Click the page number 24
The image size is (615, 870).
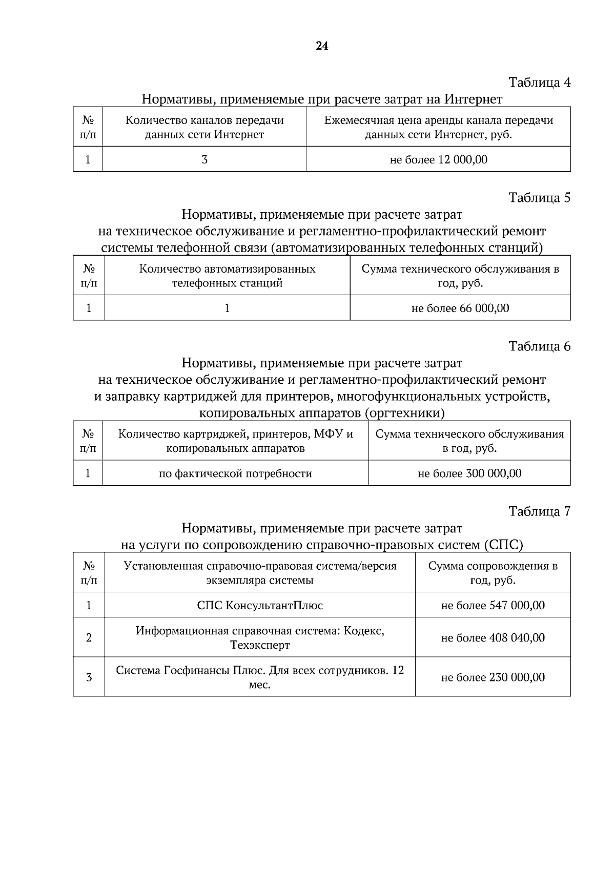click(x=322, y=46)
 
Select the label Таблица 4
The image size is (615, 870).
click(x=539, y=82)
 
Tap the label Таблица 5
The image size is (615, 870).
click(x=539, y=197)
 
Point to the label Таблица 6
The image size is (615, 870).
click(x=539, y=346)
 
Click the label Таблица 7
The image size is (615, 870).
click(x=539, y=511)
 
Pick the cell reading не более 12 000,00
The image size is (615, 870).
click(x=439, y=159)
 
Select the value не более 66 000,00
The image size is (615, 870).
click(x=460, y=308)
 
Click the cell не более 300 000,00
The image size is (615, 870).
click(x=469, y=473)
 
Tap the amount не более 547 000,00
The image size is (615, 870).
click(x=493, y=605)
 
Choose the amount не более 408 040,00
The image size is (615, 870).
click(x=493, y=638)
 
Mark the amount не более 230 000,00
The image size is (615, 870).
click(x=493, y=677)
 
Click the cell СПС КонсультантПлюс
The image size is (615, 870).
click(x=260, y=605)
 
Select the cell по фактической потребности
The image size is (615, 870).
click(x=235, y=473)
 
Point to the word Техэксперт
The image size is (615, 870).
click(x=260, y=645)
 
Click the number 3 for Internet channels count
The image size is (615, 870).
click(x=204, y=159)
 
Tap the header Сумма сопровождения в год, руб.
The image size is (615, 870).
click(x=493, y=573)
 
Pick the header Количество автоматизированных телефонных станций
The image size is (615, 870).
click(x=227, y=276)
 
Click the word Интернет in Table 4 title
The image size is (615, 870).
click(x=473, y=98)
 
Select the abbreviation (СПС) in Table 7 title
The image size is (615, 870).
click(x=503, y=545)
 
